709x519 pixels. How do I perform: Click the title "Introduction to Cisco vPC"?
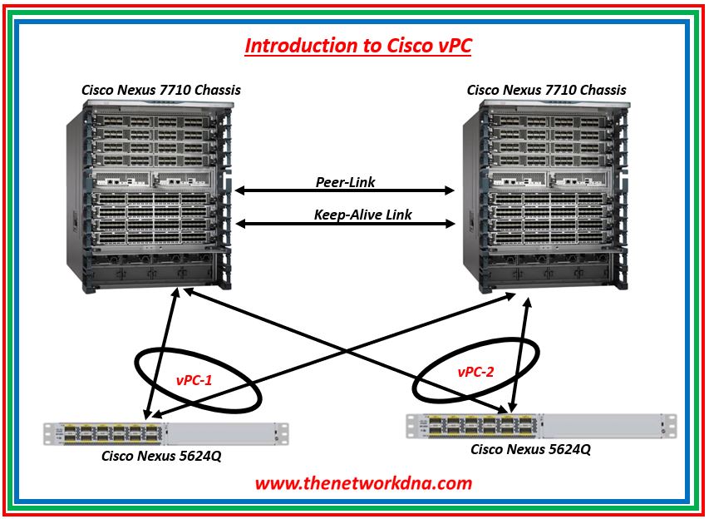click(357, 45)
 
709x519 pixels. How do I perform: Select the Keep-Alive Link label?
click(363, 215)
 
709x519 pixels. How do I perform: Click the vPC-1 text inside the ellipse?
click(194, 381)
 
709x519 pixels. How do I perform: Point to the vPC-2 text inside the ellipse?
click(475, 372)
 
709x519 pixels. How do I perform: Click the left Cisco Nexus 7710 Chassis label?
click(160, 89)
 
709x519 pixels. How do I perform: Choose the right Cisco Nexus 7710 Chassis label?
click(546, 89)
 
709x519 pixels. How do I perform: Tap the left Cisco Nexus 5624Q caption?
click(161, 455)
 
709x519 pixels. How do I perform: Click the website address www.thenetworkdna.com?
click(363, 482)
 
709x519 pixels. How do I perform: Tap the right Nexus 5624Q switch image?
click(540, 425)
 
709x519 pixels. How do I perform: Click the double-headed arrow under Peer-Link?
click(345, 190)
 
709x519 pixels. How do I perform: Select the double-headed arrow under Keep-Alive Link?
click(345, 224)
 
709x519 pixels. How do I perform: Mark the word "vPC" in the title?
click(452, 45)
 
